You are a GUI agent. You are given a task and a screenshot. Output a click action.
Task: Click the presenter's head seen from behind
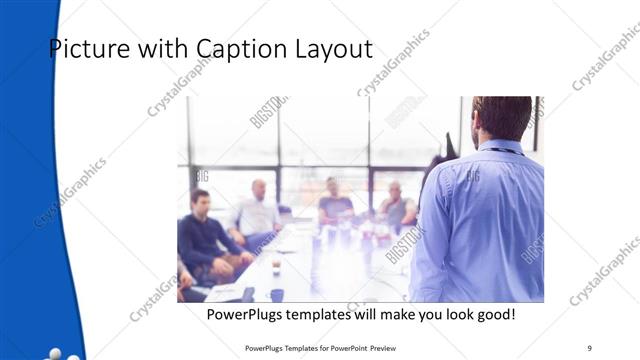(x=501, y=117)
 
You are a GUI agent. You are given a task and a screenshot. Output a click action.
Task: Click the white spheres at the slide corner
(x=58, y=354)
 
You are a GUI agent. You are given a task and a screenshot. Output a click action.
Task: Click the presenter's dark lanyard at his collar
(x=505, y=150)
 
